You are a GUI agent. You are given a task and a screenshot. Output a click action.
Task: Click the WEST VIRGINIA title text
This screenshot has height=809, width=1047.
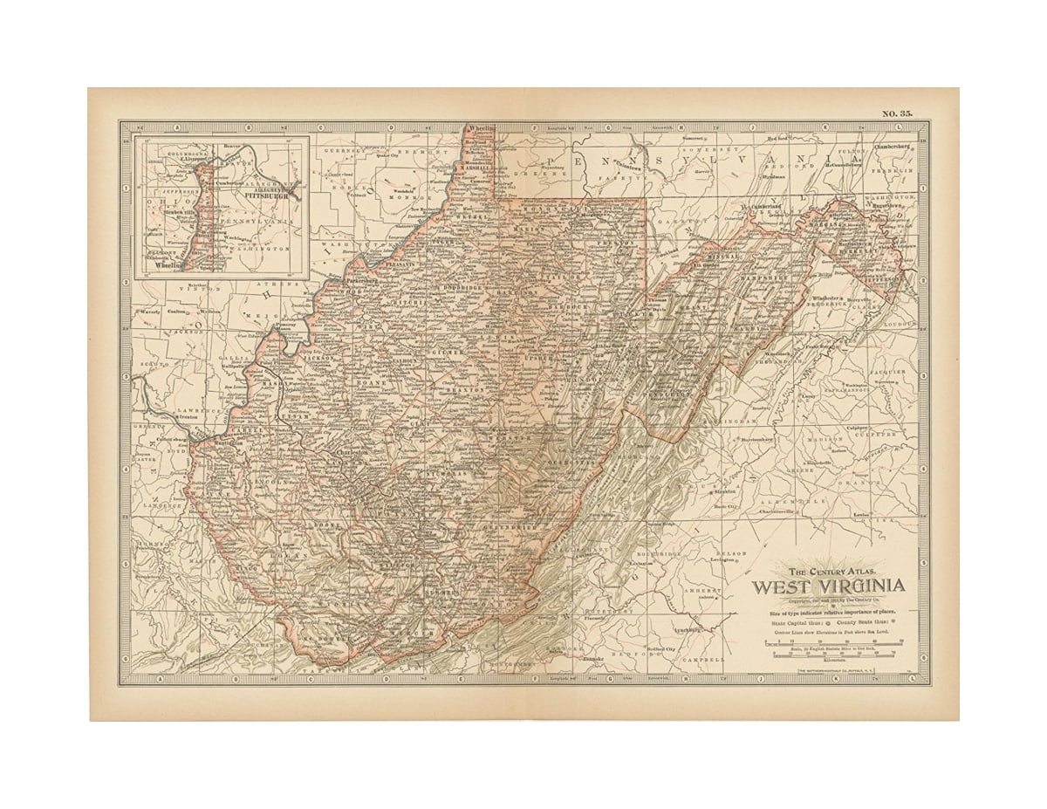tap(828, 586)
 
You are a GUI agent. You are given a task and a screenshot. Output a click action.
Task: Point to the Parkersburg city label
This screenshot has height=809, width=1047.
tap(343, 282)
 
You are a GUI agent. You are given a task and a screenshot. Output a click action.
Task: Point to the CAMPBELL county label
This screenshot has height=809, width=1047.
tap(705, 660)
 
